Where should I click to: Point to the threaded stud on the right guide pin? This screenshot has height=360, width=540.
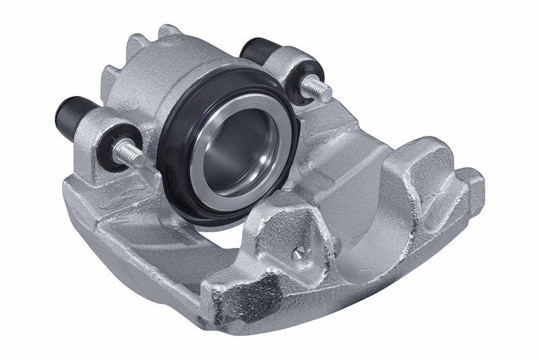(317, 88)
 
